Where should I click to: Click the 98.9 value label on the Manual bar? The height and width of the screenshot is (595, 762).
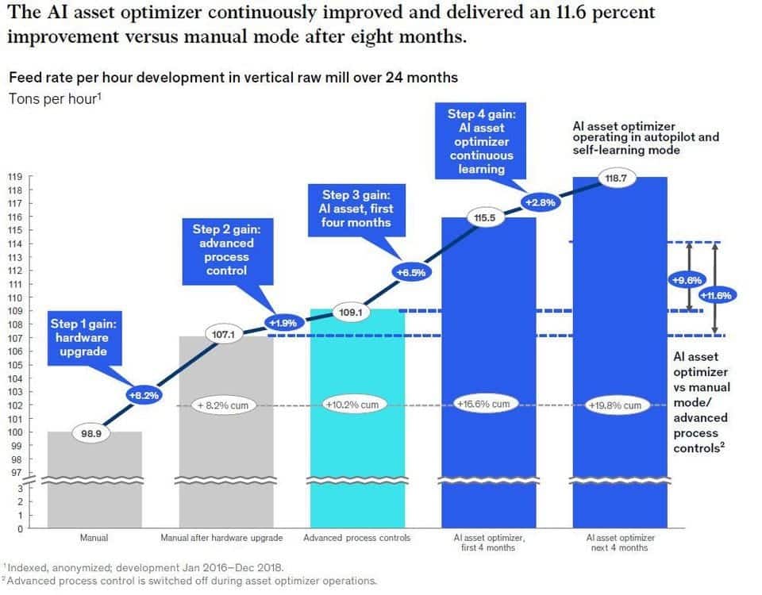click(90, 433)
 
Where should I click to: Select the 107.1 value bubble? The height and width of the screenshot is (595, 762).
click(224, 334)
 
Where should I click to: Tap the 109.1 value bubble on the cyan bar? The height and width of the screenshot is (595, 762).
click(350, 313)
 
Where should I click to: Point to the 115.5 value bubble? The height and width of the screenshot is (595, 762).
click(484, 217)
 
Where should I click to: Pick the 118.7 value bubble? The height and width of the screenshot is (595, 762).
click(616, 178)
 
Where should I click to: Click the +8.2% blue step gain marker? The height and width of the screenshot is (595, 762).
click(144, 395)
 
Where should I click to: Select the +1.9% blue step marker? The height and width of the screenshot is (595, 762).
click(283, 323)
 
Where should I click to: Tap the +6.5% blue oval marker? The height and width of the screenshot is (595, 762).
click(411, 272)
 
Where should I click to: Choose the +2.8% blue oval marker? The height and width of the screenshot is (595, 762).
click(541, 202)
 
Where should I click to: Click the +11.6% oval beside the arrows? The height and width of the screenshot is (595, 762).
click(716, 295)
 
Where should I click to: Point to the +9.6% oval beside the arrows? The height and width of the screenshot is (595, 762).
click(687, 280)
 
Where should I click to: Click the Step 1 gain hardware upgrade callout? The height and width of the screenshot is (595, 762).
click(83, 338)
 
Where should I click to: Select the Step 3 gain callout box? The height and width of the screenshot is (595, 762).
click(356, 209)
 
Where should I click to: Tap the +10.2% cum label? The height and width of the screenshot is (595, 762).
click(352, 405)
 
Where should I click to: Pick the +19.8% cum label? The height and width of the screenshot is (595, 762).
click(615, 405)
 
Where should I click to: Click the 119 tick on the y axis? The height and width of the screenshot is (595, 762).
click(14, 177)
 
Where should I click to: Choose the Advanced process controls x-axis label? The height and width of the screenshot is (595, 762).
click(356, 538)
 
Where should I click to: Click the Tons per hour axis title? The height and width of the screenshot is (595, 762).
click(55, 98)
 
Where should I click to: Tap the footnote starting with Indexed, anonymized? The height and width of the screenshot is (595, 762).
click(144, 567)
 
